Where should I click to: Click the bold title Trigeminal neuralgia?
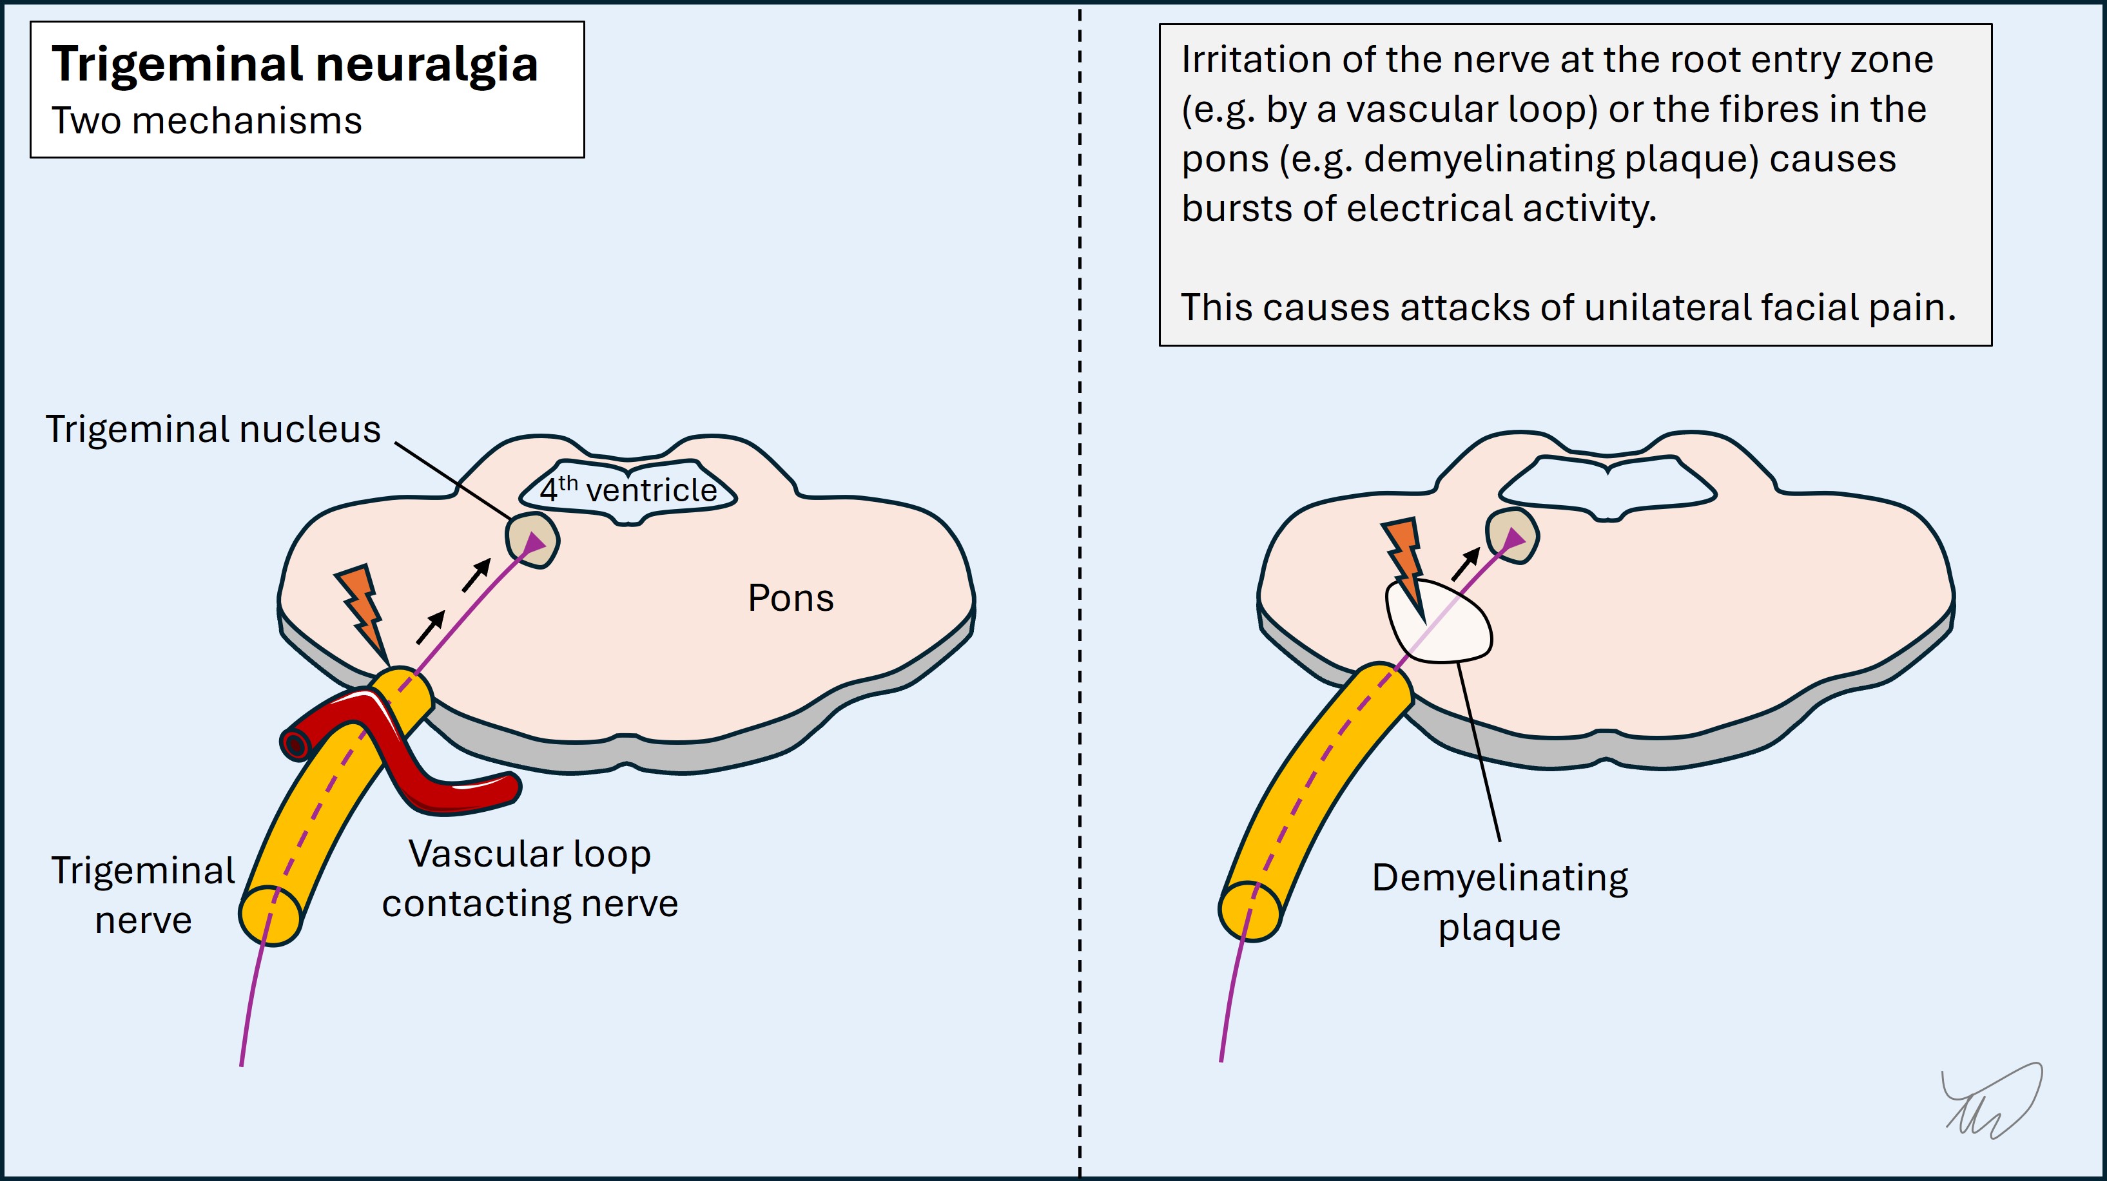tap(295, 64)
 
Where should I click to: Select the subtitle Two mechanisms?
tap(206, 121)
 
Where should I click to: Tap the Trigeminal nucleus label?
tap(213, 429)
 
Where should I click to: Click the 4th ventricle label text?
tap(628, 490)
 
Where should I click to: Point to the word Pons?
tap(790, 598)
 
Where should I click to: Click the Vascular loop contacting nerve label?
tap(530, 878)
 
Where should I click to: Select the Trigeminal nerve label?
tap(143, 895)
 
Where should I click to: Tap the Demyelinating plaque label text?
tap(1499, 901)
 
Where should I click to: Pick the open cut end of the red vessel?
tap(295, 744)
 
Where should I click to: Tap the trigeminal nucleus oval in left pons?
tap(532, 541)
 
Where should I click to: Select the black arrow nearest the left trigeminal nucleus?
tap(476, 574)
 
